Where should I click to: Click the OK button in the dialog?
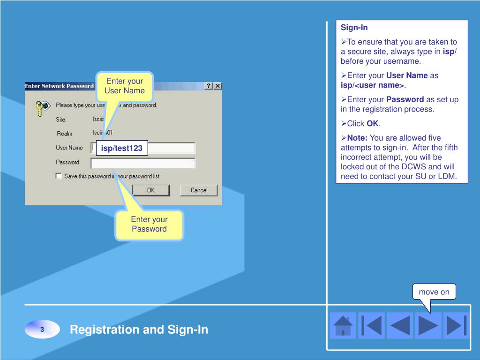150,190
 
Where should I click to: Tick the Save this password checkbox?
59,176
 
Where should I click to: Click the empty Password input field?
143,163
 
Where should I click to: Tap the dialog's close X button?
217,86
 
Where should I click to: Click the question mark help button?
209,86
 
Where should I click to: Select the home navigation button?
343,325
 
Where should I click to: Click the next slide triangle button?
427,325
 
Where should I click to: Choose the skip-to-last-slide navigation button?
456,325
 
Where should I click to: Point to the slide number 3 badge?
42,330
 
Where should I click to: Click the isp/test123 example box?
122,149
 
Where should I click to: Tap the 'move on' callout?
434,292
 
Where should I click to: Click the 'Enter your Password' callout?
149,224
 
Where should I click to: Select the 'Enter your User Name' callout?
124,86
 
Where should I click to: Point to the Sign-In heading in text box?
354,28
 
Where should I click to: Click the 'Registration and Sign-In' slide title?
139,330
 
